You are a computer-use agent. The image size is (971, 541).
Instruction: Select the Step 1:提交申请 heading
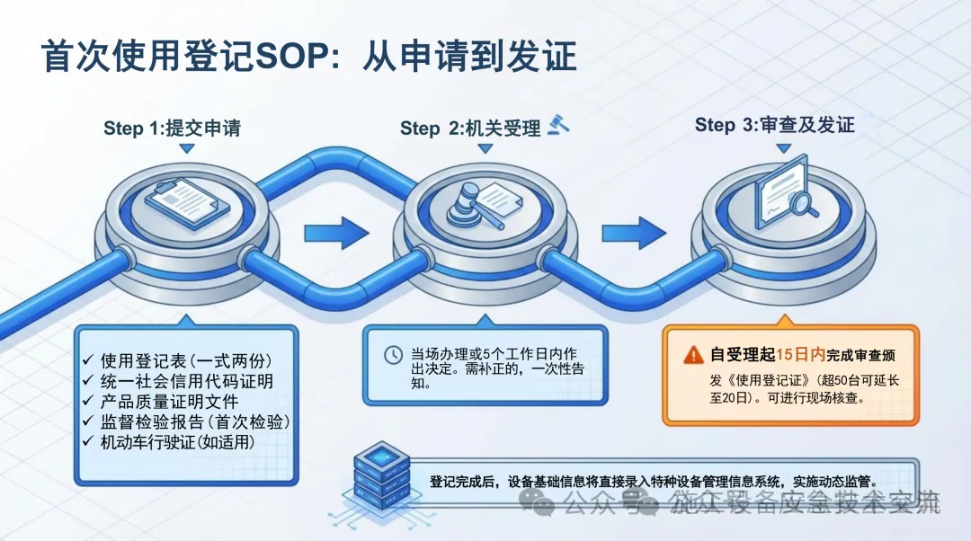pyautogui.click(x=172, y=128)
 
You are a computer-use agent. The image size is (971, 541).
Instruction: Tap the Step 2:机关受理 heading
pyautogui.click(x=470, y=129)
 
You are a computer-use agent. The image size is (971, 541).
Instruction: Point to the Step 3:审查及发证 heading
pyautogui.click(x=774, y=125)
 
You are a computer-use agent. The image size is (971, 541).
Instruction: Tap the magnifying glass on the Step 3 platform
pyautogui.click(x=801, y=203)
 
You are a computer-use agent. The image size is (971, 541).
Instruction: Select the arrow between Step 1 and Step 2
pyautogui.click(x=336, y=233)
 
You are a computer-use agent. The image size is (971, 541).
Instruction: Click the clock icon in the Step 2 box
pyautogui.click(x=393, y=354)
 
